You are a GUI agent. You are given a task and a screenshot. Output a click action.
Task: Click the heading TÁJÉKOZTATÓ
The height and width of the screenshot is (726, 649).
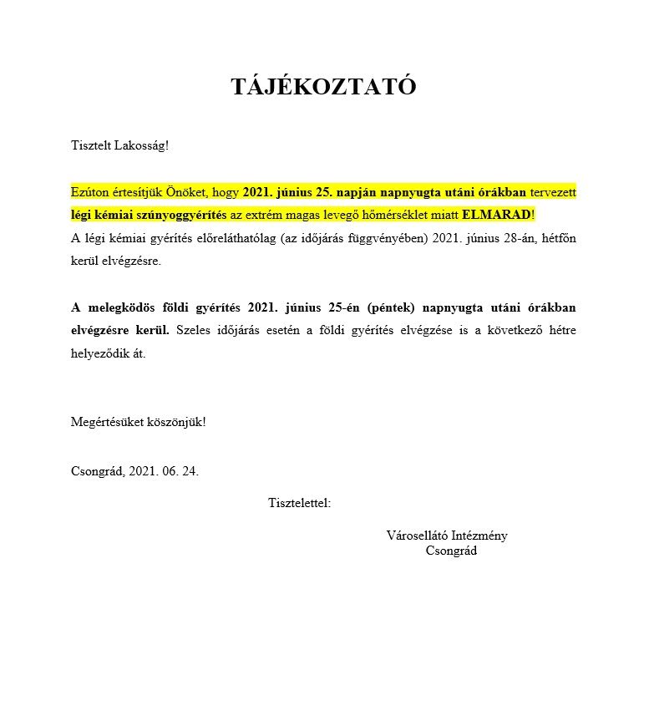(323, 87)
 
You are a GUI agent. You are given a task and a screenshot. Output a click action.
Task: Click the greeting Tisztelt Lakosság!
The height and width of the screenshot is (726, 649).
(119, 145)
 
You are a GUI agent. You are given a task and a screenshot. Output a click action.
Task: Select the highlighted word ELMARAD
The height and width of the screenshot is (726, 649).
(496, 215)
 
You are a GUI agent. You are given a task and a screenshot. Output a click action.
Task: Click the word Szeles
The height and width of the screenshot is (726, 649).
(191, 330)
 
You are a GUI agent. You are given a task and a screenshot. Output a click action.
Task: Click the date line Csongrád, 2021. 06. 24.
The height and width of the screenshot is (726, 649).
(134, 471)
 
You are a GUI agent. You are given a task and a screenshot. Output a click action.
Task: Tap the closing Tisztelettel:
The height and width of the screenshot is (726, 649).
(299, 503)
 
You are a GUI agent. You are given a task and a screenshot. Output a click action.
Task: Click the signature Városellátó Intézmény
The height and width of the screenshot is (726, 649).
(447, 536)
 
